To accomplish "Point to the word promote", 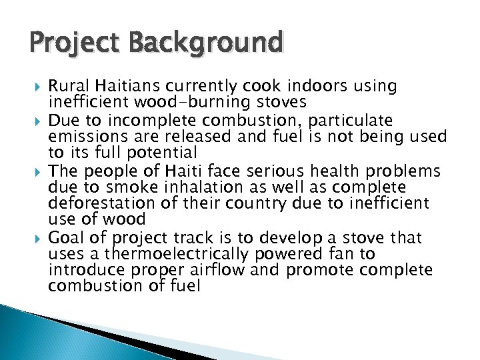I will [x=320, y=269].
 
